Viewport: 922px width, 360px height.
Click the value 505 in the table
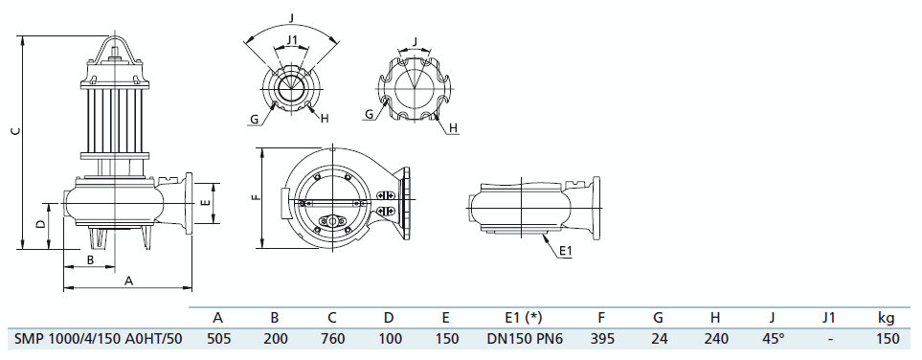point(218,339)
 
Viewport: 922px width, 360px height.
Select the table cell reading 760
point(332,339)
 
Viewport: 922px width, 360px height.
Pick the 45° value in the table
point(773,339)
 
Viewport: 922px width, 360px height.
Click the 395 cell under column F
point(601,339)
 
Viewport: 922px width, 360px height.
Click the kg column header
point(887,319)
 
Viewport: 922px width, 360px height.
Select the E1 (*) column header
point(516,318)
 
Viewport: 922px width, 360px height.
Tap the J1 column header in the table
point(828,318)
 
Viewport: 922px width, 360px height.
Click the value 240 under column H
point(715,339)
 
